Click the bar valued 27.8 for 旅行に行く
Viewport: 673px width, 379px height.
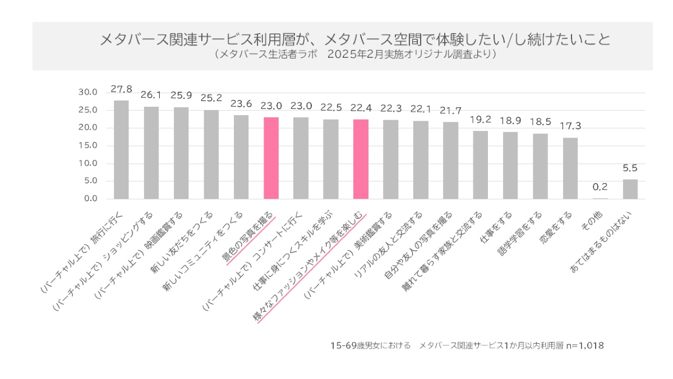point(121,150)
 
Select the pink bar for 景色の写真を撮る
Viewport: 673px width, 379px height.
point(271,158)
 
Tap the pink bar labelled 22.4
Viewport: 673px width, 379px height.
point(361,159)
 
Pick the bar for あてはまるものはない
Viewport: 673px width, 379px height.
point(630,189)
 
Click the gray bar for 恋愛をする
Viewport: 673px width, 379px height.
point(570,168)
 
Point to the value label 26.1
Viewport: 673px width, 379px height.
point(151,95)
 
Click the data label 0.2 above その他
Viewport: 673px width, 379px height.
point(600,186)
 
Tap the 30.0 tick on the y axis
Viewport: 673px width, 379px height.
point(88,92)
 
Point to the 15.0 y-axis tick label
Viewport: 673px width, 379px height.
point(88,145)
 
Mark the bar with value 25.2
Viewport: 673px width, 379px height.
point(211,154)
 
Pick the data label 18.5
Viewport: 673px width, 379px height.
point(540,122)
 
